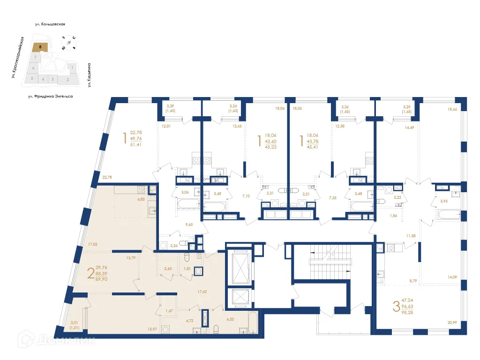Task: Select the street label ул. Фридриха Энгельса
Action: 50,96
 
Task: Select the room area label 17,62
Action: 202,292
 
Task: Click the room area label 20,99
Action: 452,322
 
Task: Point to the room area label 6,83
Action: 141,199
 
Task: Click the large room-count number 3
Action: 396,307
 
